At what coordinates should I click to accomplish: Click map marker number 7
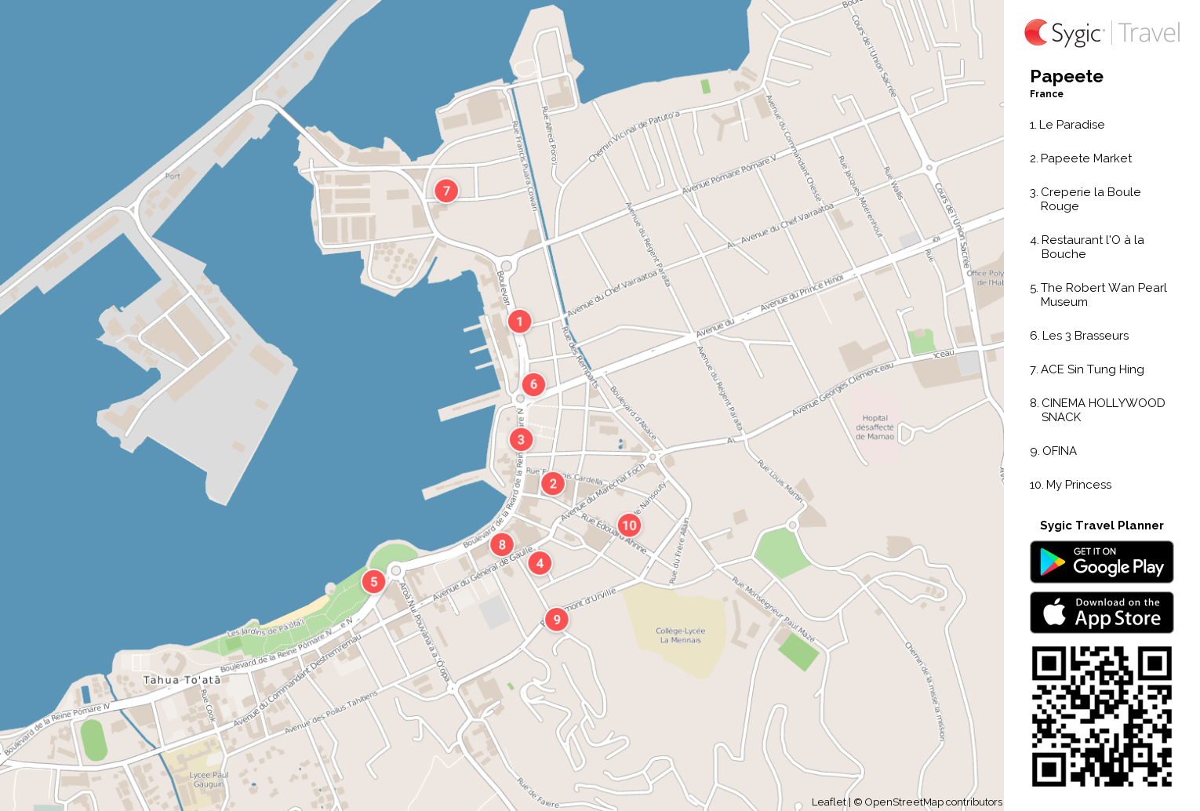[x=446, y=191]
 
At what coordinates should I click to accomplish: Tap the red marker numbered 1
[x=519, y=322]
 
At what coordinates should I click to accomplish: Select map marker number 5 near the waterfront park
[x=374, y=581]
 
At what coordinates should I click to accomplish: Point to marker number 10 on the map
[x=629, y=526]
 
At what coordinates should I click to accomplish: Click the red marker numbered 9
[x=557, y=620]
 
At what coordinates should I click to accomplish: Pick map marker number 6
[x=533, y=384]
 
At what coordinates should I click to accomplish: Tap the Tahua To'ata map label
[x=182, y=680]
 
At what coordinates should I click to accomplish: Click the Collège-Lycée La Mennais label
[x=681, y=635]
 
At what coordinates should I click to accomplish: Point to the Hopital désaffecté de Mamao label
[x=875, y=427]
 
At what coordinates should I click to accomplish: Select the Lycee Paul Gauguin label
[x=208, y=779]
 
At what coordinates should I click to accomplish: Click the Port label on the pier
[x=173, y=176]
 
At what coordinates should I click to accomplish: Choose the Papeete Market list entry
[x=1085, y=158]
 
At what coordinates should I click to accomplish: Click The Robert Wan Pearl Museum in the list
[x=1103, y=294]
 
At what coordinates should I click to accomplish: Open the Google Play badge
[x=1101, y=562]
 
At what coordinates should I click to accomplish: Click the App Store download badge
[x=1101, y=612]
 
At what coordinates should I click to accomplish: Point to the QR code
[x=1101, y=716]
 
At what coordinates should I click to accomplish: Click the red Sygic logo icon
[x=1036, y=32]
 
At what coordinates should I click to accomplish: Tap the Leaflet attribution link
[x=828, y=802]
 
